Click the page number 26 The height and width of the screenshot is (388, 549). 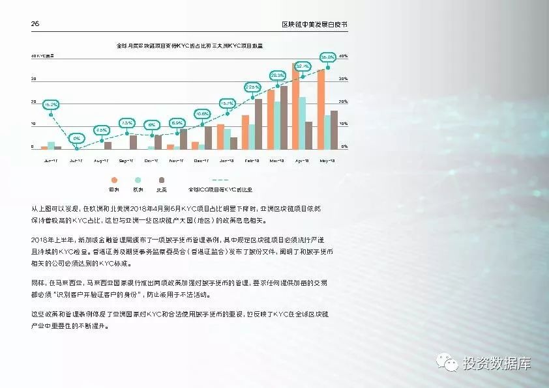tap(35, 23)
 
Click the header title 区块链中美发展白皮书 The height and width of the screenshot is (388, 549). tap(314, 23)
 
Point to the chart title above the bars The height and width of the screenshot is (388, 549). tap(189, 46)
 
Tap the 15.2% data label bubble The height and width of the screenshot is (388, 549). tap(51, 104)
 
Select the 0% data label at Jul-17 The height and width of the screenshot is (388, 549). tap(76, 138)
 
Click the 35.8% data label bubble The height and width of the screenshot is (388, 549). tap(327, 57)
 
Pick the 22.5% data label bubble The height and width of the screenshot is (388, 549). tap(252, 87)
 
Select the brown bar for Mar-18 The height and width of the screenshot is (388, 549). tap(284, 118)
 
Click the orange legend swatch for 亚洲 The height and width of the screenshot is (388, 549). tap(114, 180)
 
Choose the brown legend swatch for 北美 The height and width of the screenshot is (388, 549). tap(160, 180)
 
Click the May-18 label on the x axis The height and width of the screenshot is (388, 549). tap(326, 160)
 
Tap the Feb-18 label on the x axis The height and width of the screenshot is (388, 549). tap(252, 160)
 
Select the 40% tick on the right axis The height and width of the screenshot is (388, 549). tap(344, 57)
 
